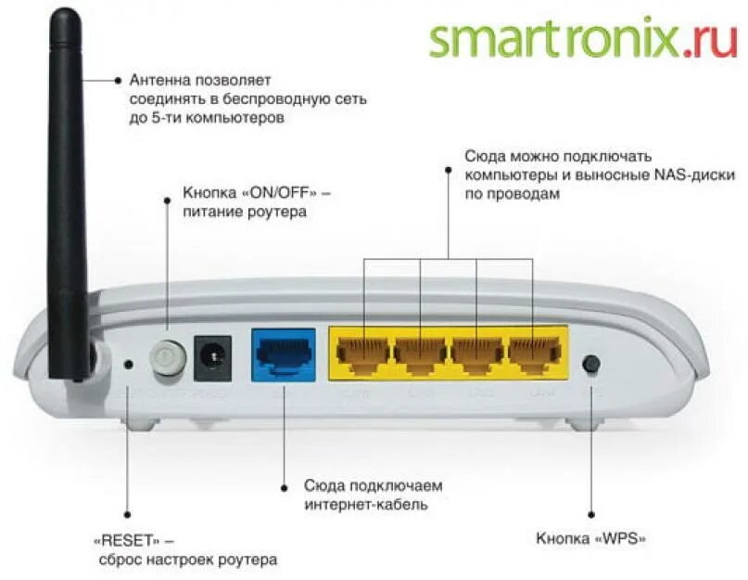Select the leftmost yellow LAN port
click(x=363, y=354)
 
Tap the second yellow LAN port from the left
click(x=420, y=354)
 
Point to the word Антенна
click(x=157, y=80)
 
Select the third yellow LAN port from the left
click(x=476, y=354)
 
